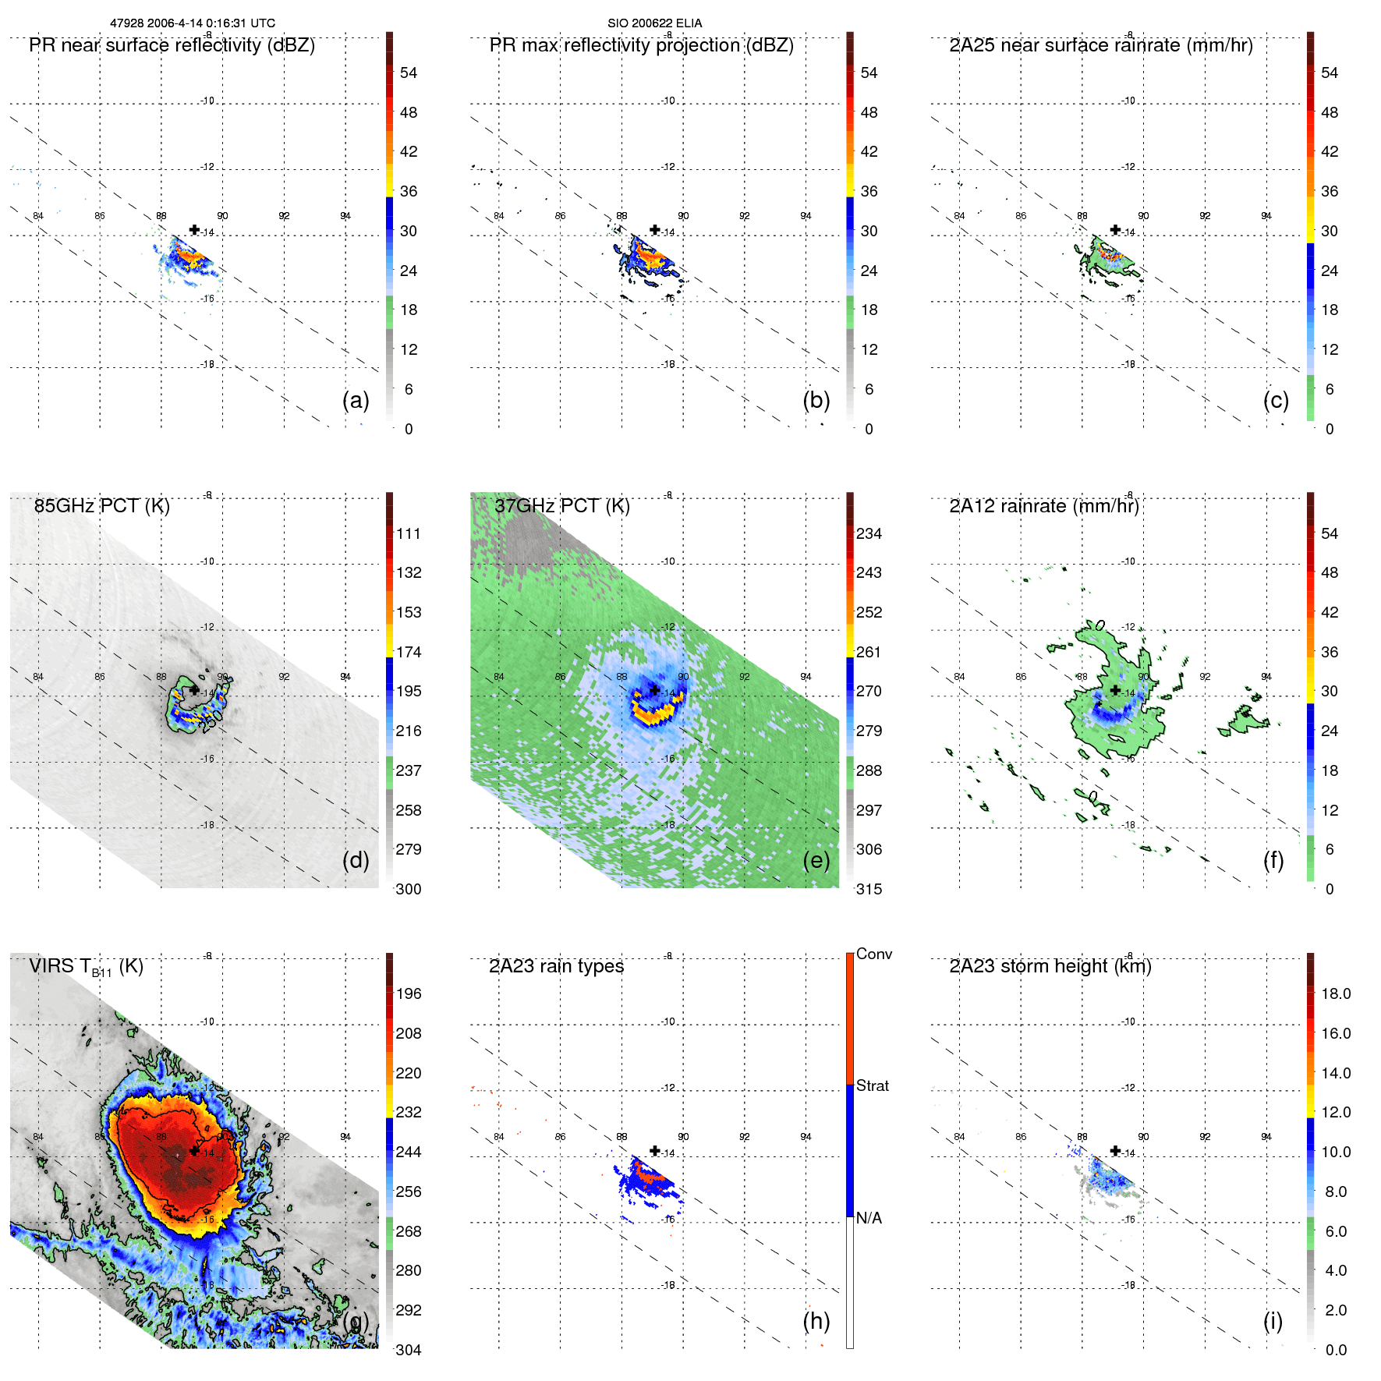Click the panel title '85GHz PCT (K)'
[x=101, y=506]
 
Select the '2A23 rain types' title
[x=556, y=966]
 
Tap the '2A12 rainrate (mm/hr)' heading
[x=1043, y=506]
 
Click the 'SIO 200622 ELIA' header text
[x=654, y=23]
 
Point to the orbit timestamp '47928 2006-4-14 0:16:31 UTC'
[x=192, y=23]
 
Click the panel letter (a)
[x=356, y=400]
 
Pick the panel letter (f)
[x=1273, y=860]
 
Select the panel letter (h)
[x=816, y=1320]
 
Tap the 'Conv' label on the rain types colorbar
[x=873, y=954]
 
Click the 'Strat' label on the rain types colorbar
[x=872, y=1085]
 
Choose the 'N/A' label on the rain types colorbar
[x=869, y=1218]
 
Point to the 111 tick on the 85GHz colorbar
[x=408, y=533]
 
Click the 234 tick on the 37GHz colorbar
[x=869, y=533]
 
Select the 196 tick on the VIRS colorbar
[x=408, y=993]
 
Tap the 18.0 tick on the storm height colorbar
[x=1335, y=993]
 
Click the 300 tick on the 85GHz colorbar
[x=408, y=889]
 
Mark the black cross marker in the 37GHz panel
[x=655, y=690]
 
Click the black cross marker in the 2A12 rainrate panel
[x=1115, y=690]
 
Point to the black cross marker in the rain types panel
[x=655, y=1150]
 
